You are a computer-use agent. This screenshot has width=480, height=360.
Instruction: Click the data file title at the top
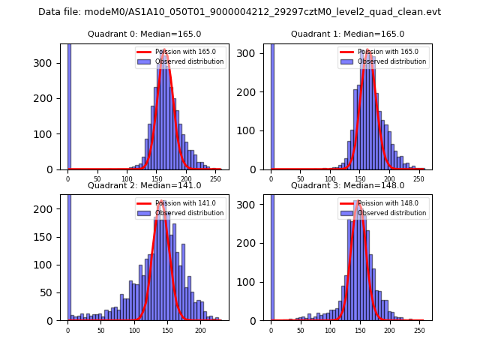coord(239,12)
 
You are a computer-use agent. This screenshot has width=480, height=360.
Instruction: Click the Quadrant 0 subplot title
coord(145,34)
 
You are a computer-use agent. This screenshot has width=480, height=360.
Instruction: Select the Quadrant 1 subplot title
coord(347,34)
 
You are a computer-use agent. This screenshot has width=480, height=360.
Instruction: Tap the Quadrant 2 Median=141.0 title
coord(145,185)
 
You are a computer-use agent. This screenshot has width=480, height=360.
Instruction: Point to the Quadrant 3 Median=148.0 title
coord(347,185)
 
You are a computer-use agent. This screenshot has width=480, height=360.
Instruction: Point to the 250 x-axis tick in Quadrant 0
coord(196,179)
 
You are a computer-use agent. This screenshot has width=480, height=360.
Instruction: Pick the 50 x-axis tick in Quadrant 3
coord(301,331)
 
